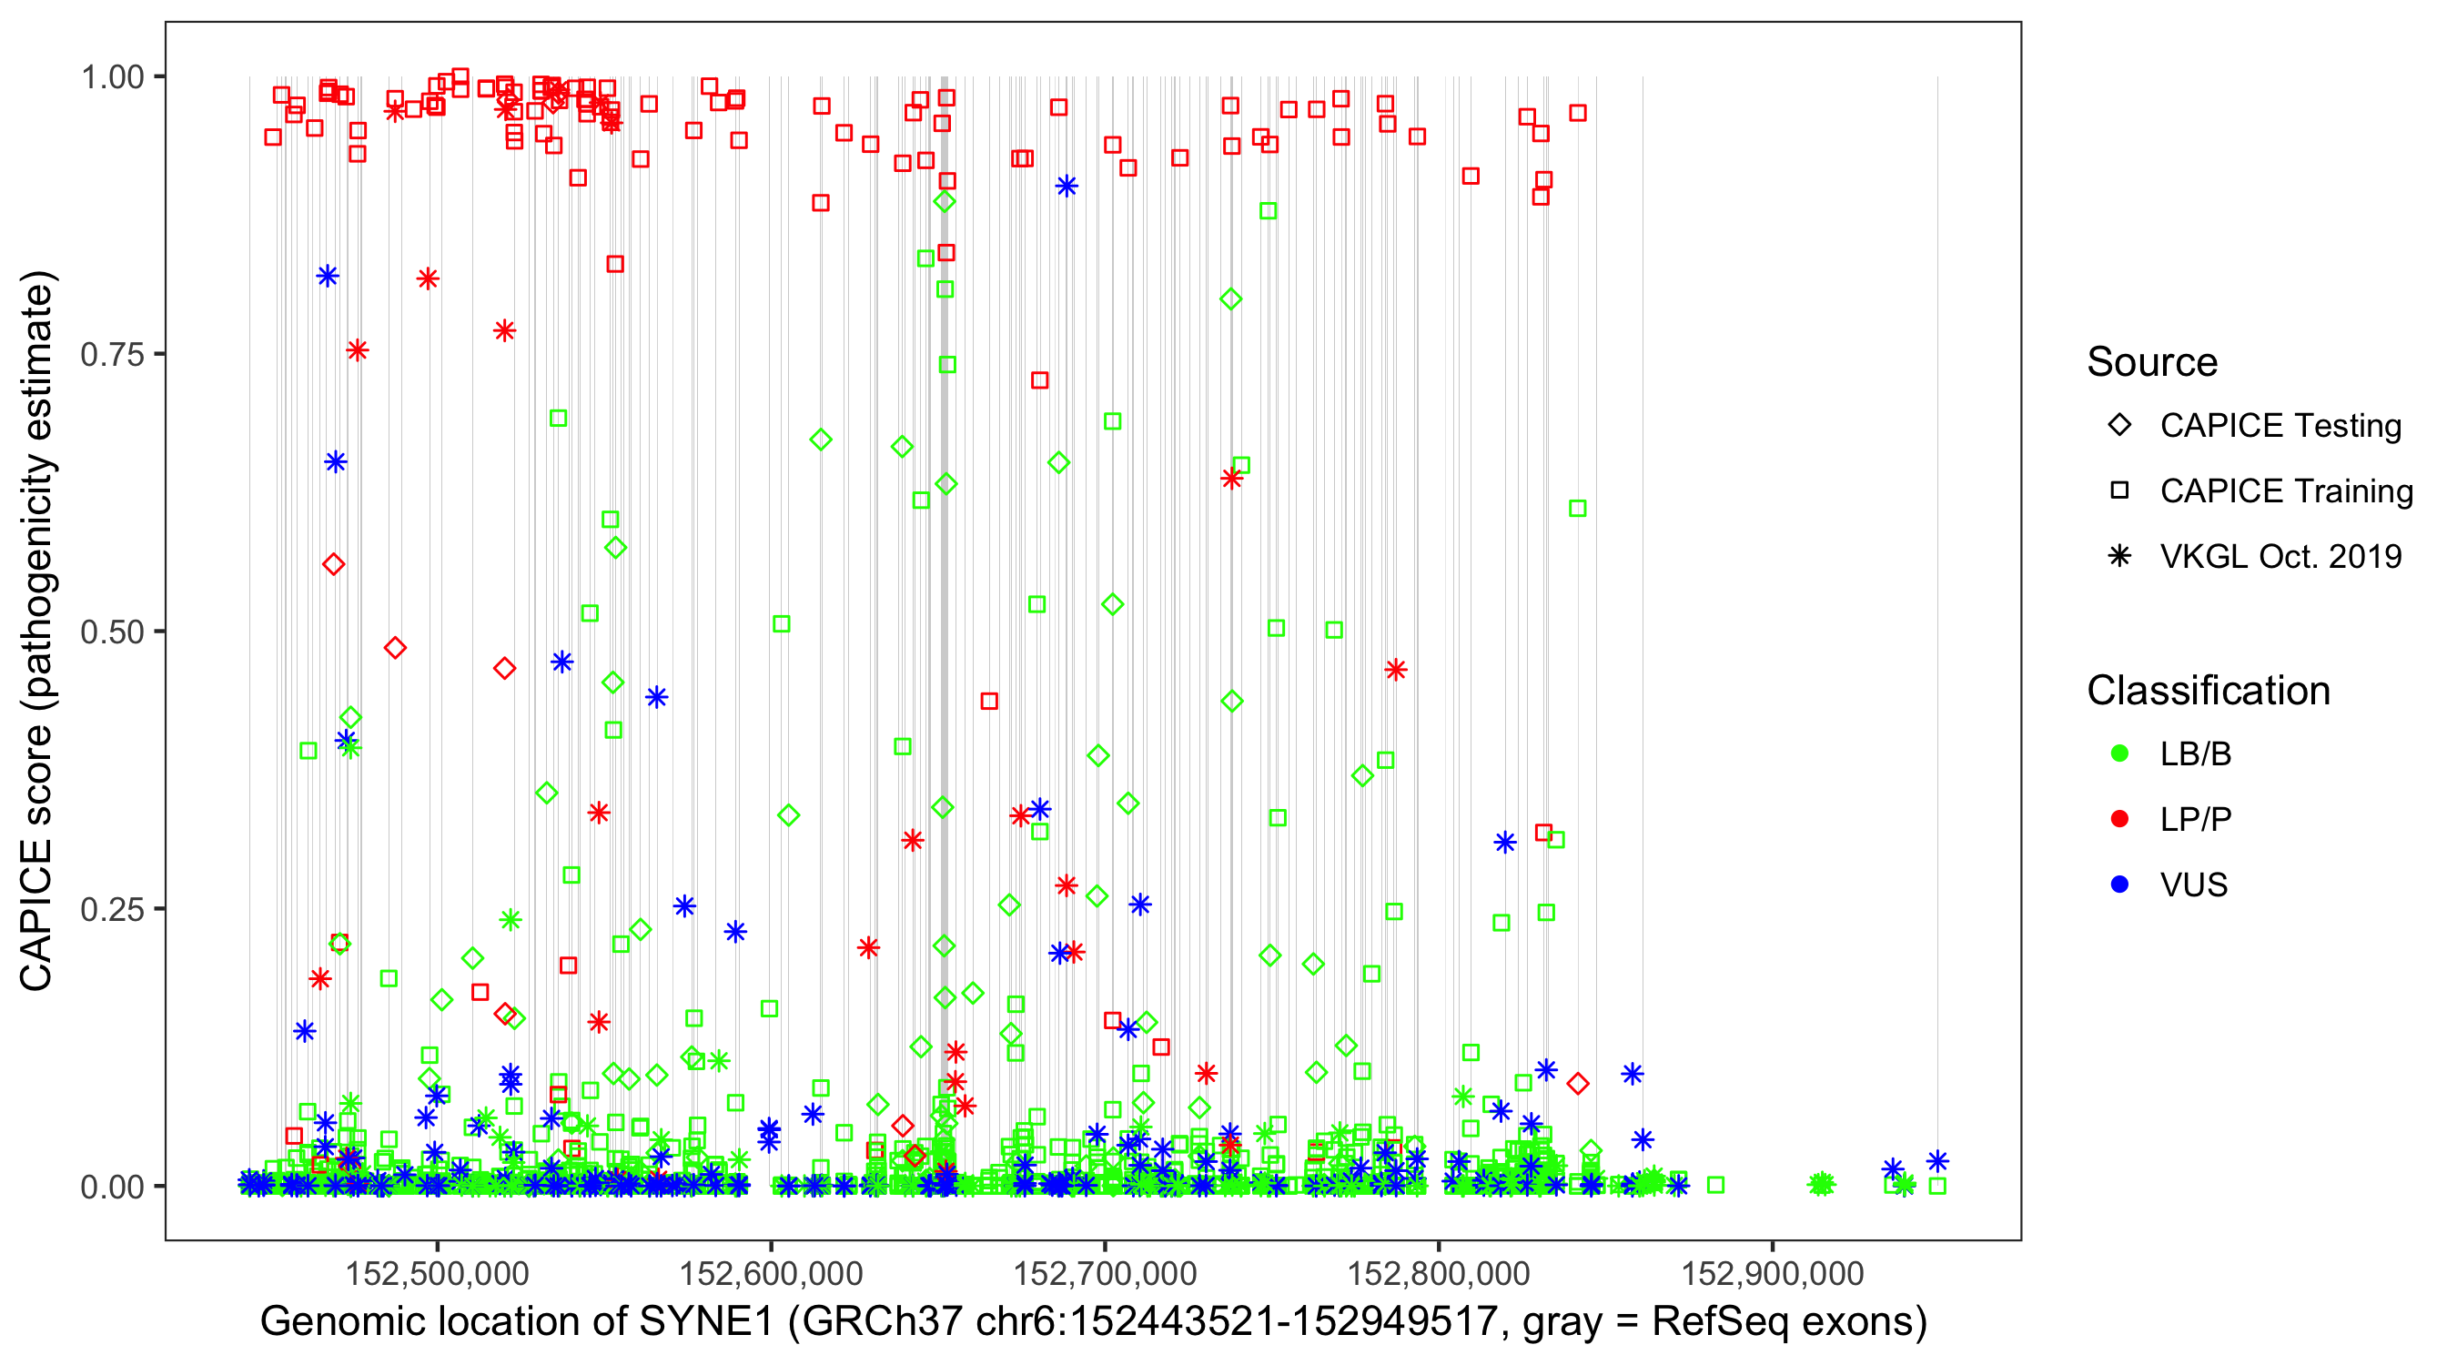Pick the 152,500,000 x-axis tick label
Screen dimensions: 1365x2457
(x=437, y=1273)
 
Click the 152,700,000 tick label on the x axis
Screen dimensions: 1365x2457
(x=1105, y=1273)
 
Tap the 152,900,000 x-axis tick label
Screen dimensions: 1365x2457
(x=1772, y=1273)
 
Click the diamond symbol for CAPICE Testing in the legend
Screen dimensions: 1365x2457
(x=2119, y=426)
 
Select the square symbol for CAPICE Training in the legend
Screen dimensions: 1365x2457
(x=2119, y=491)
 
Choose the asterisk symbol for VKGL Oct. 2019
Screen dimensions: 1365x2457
(x=2119, y=556)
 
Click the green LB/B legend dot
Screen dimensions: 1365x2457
(x=2119, y=753)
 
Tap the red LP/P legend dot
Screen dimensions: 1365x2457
(x=2119, y=819)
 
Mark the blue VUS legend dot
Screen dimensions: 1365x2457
(x=2119, y=885)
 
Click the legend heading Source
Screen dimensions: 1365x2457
(x=2152, y=362)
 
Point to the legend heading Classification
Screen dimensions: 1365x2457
(x=2208, y=691)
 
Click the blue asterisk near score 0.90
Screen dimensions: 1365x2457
(x=1067, y=186)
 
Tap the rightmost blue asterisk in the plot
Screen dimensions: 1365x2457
(x=1937, y=1161)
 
